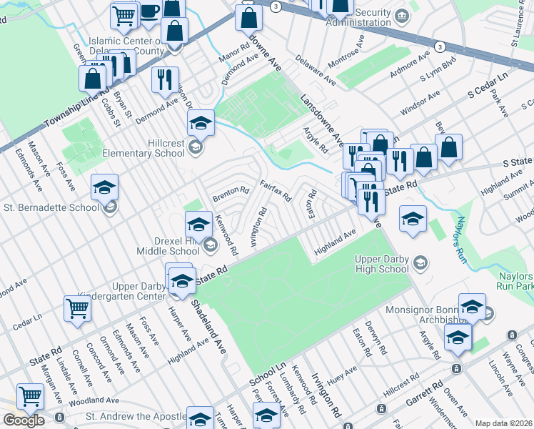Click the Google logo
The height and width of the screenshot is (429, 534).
[x=24, y=420]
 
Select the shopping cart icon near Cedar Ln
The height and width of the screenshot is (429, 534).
[x=77, y=309]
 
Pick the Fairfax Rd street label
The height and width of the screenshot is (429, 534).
[x=275, y=190]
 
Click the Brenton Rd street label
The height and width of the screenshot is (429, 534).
[x=230, y=192]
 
